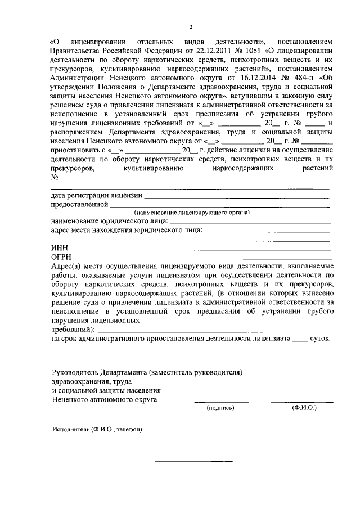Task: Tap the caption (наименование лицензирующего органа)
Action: pyautogui.click(x=191, y=213)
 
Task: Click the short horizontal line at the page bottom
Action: pyautogui.click(x=193, y=462)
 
